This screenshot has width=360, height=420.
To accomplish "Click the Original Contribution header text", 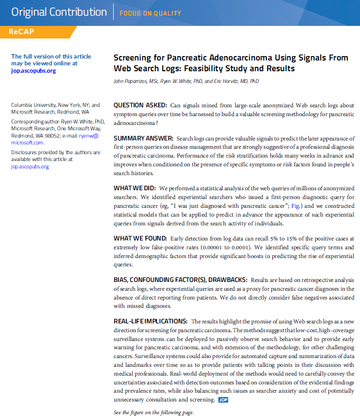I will point(59,12).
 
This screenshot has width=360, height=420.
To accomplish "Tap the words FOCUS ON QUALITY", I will point(150,13).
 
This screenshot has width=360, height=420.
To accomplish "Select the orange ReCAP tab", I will point(21,32).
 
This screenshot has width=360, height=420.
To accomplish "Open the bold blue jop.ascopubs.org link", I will point(34,71).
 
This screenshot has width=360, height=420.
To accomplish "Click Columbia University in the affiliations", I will point(34,105).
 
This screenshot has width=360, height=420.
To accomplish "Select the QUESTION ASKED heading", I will point(140,105).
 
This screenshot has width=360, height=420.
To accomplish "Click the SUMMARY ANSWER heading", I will point(143,139).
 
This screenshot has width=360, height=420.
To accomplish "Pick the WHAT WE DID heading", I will point(135,188).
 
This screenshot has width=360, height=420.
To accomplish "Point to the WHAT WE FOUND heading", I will point(140,239).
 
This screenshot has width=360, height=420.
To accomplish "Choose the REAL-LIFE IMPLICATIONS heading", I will point(150,321).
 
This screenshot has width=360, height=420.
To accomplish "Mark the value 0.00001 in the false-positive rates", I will point(215,248).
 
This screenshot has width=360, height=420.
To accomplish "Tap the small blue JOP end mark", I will point(223,400).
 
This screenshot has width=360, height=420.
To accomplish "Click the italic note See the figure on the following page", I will point(154,413).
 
